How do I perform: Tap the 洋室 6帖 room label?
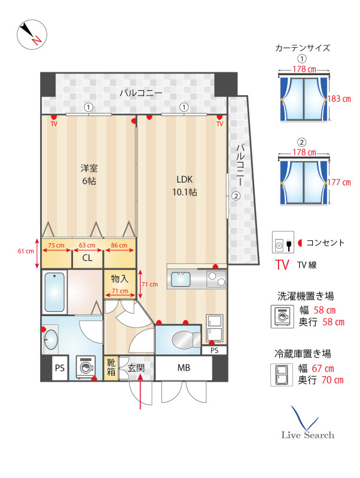tap(89, 174)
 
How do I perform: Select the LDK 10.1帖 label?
tap(185, 186)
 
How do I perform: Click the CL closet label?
tap(87, 258)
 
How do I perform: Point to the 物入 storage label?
tap(120, 278)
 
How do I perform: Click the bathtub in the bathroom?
tap(54, 292)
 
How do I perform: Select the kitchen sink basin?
tap(181, 280)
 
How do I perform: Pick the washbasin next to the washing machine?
tap(51, 339)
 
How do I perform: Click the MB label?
tap(184, 368)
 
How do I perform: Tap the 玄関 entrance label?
tap(136, 368)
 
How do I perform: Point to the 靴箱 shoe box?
tap(111, 367)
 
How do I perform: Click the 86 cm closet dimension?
tap(119, 246)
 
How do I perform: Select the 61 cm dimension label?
tap(26, 251)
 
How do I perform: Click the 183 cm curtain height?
tap(339, 99)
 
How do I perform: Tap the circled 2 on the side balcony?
tap(236, 196)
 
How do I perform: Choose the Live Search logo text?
tap(307, 435)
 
